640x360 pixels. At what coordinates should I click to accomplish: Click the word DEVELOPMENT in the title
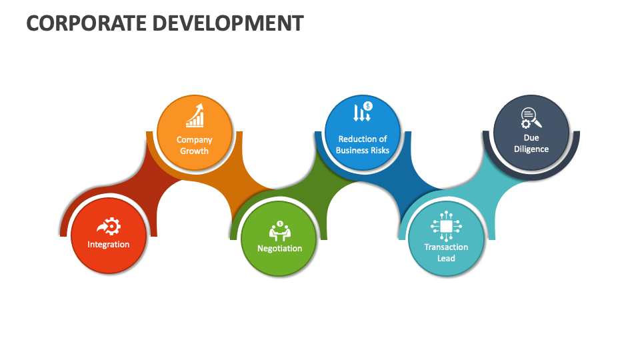pyautogui.click(x=228, y=23)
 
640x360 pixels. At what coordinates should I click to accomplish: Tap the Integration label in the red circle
pyautogui.click(x=109, y=245)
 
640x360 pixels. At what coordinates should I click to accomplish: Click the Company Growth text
pyautogui.click(x=194, y=145)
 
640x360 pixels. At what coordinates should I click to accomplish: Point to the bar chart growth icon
pyautogui.click(x=195, y=116)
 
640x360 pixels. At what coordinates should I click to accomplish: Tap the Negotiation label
pyautogui.click(x=279, y=249)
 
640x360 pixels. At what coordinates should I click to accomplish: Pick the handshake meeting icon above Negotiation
pyautogui.click(x=280, y=230)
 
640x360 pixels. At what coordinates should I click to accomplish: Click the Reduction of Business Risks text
pyautogui.click(x=362, y=145)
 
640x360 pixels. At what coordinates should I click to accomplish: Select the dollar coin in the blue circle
pyautogui.click(x=368, y=105)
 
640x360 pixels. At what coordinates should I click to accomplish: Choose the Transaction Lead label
pyautogui.click(x=446, y=252)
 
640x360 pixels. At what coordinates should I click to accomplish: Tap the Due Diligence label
pyautogui.click(x=531, y=143)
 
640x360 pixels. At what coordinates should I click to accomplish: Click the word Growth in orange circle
pyautogui.click(x=194, y=151)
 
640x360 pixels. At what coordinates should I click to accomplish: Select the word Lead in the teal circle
pyautogui.click(x=446, y=258)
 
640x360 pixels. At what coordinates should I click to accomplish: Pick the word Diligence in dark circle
pyautogui.click(x=531, y=149)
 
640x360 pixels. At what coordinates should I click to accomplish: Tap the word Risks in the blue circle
pyautogui.click(x=377, y=151)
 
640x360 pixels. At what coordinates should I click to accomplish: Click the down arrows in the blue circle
pyautogui.click(x=360, y=113)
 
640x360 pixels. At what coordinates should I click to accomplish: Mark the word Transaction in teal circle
pyautogui.click(x=446, y=247)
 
